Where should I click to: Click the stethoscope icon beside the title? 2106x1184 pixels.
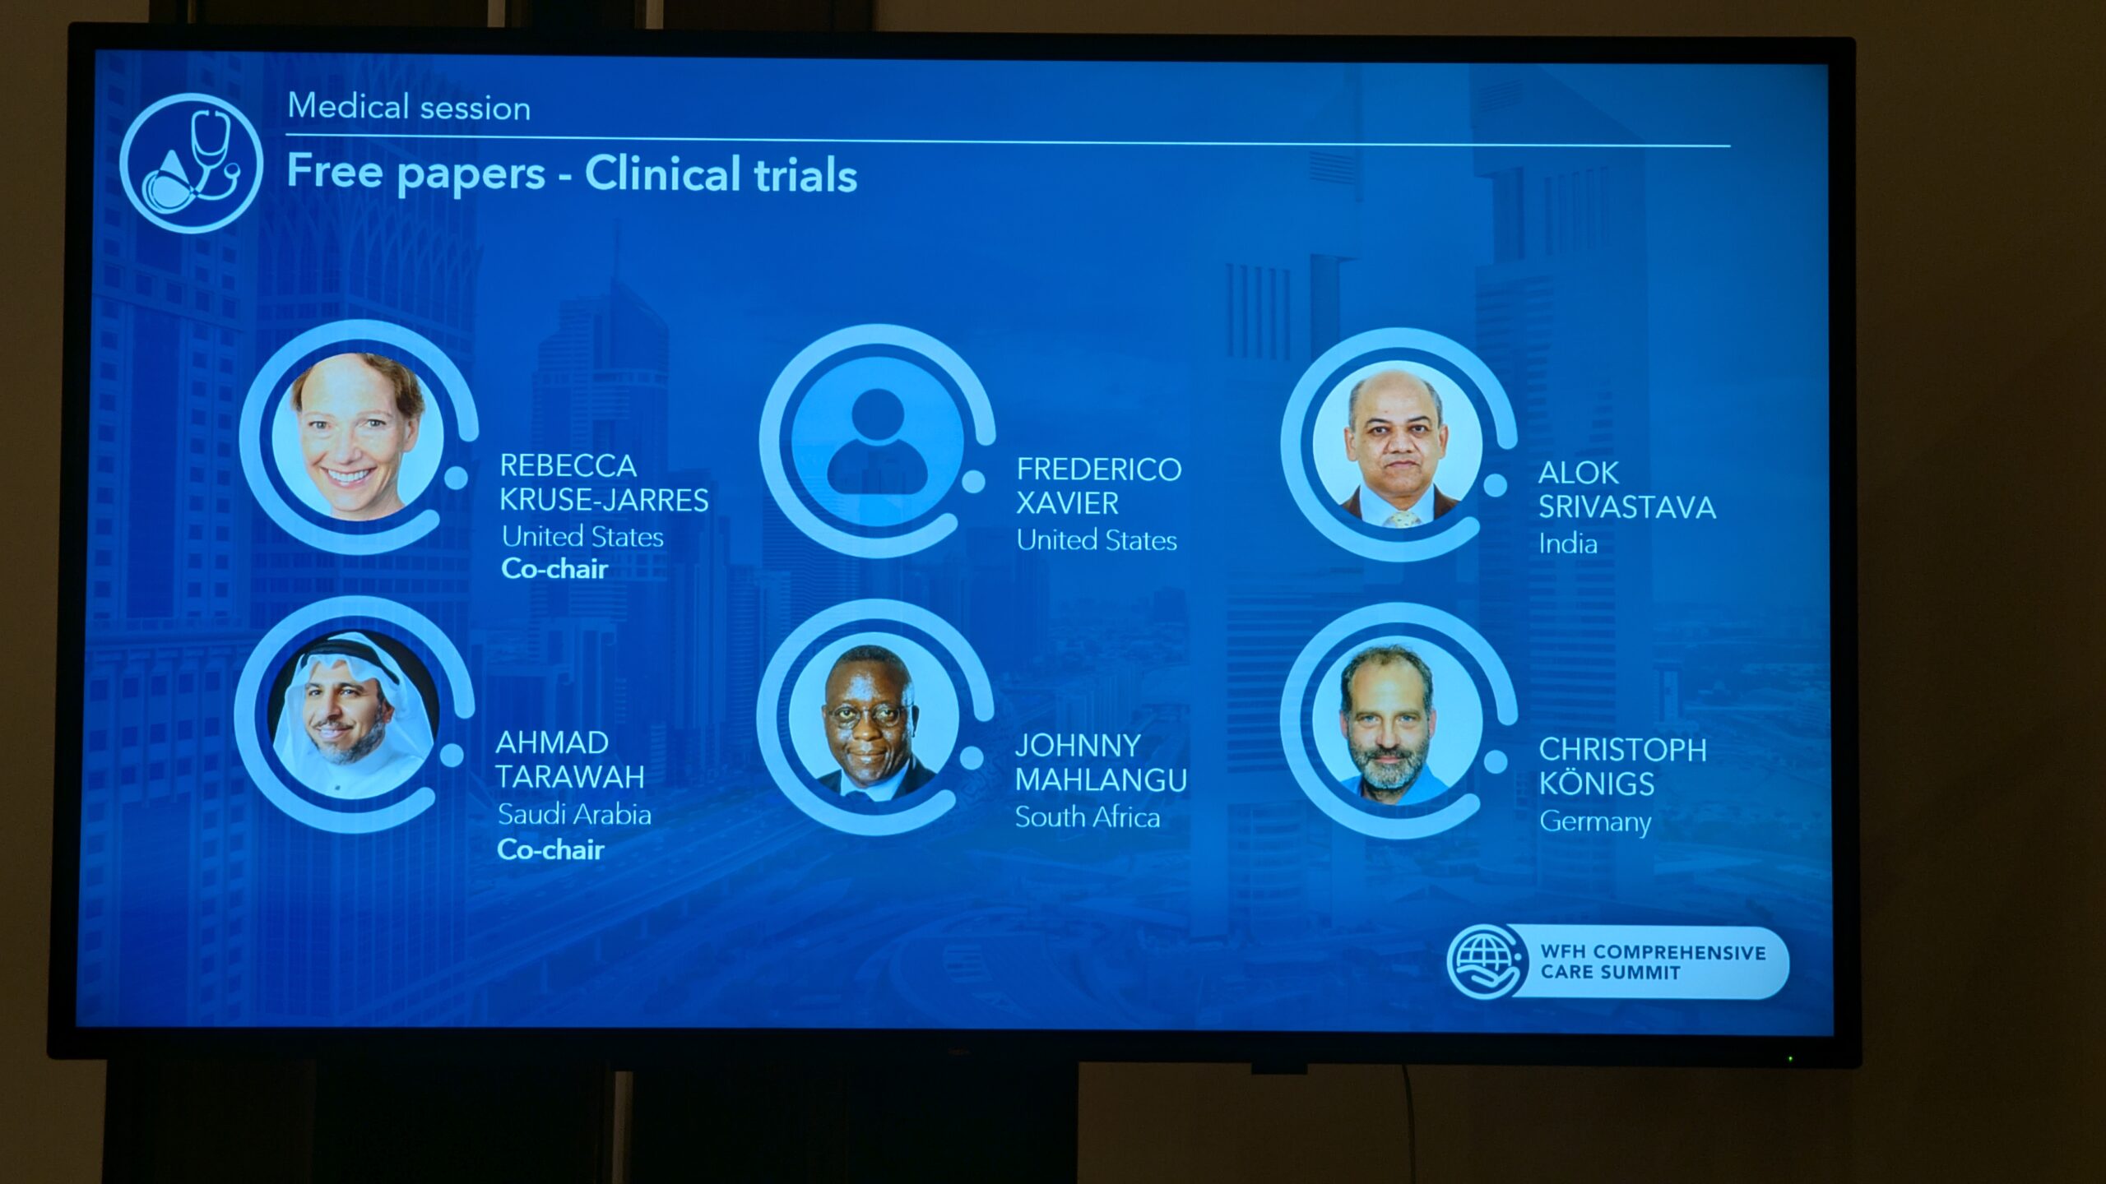(191, 163)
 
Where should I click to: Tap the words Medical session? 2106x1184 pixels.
(409, 108)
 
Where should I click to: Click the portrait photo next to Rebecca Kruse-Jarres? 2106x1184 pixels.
(358, 437)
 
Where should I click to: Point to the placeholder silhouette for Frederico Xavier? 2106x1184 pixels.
(877, 442)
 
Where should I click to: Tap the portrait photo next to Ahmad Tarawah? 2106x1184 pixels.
(354, 715)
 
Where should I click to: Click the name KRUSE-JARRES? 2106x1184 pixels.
(604, 500)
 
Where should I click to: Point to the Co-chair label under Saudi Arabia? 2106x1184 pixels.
(550, 849)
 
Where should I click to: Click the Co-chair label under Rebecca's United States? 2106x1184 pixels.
(554, 568)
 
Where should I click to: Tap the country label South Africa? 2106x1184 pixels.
(1088, 816)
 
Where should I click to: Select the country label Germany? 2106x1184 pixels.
(1595, 821)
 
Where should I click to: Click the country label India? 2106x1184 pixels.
(1568, 543)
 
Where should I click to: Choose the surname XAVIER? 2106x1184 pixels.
(1067, 503)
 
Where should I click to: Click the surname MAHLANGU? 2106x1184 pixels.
(1101, 779)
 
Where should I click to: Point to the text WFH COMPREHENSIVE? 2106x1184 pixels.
(1654, 952)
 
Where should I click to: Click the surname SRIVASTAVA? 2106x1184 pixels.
(1627, 507)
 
